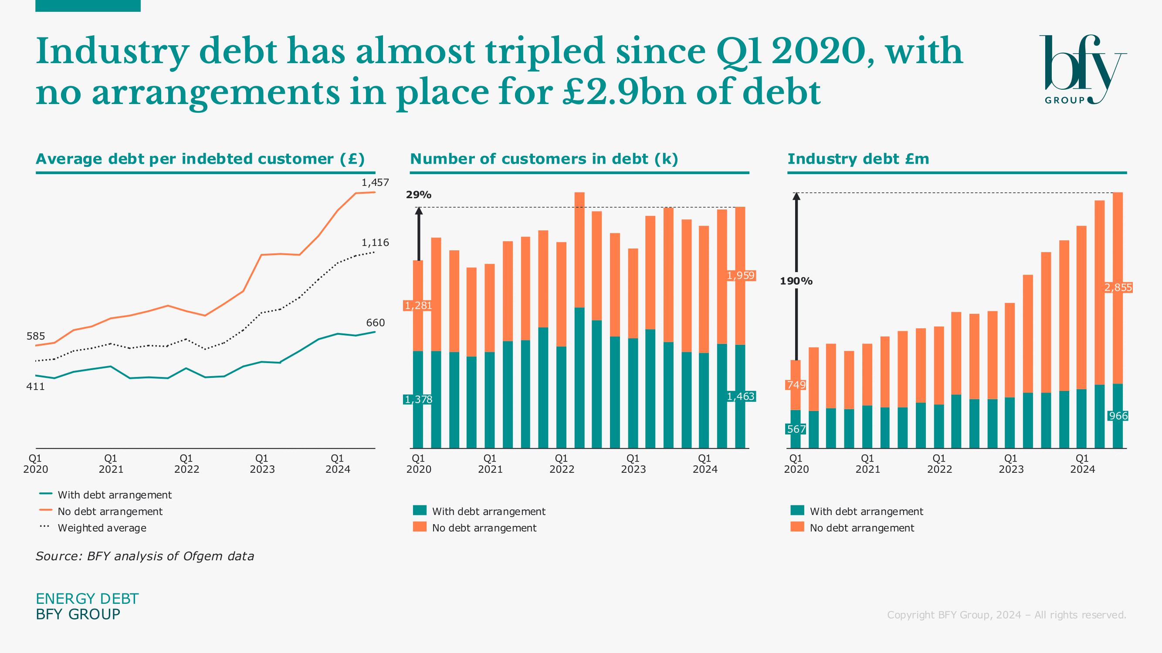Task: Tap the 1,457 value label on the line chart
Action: click(375, 182)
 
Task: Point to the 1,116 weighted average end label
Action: click(375, 243)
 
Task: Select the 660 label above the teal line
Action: click(375, 323)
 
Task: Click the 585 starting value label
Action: click(36, 336)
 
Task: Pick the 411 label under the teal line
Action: click(36, 387)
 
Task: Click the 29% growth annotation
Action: click(419, 195)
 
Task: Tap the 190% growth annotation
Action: click(796, 281)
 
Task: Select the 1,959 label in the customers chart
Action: click(741, 276)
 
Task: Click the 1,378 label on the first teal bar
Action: click(419, 399)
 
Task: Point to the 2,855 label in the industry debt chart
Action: click(1118, 287)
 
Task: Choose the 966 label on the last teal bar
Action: click(1118, 416)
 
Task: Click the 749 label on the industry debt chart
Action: click(796, 385)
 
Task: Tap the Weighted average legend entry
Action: click(102, 528)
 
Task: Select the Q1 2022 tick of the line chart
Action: click(186, 464)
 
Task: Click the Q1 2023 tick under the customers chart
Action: click(634, 464)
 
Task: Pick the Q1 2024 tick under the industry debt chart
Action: click(1082, 464)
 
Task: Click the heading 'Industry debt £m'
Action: click(858, 159)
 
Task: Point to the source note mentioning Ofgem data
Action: click(145, 556)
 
